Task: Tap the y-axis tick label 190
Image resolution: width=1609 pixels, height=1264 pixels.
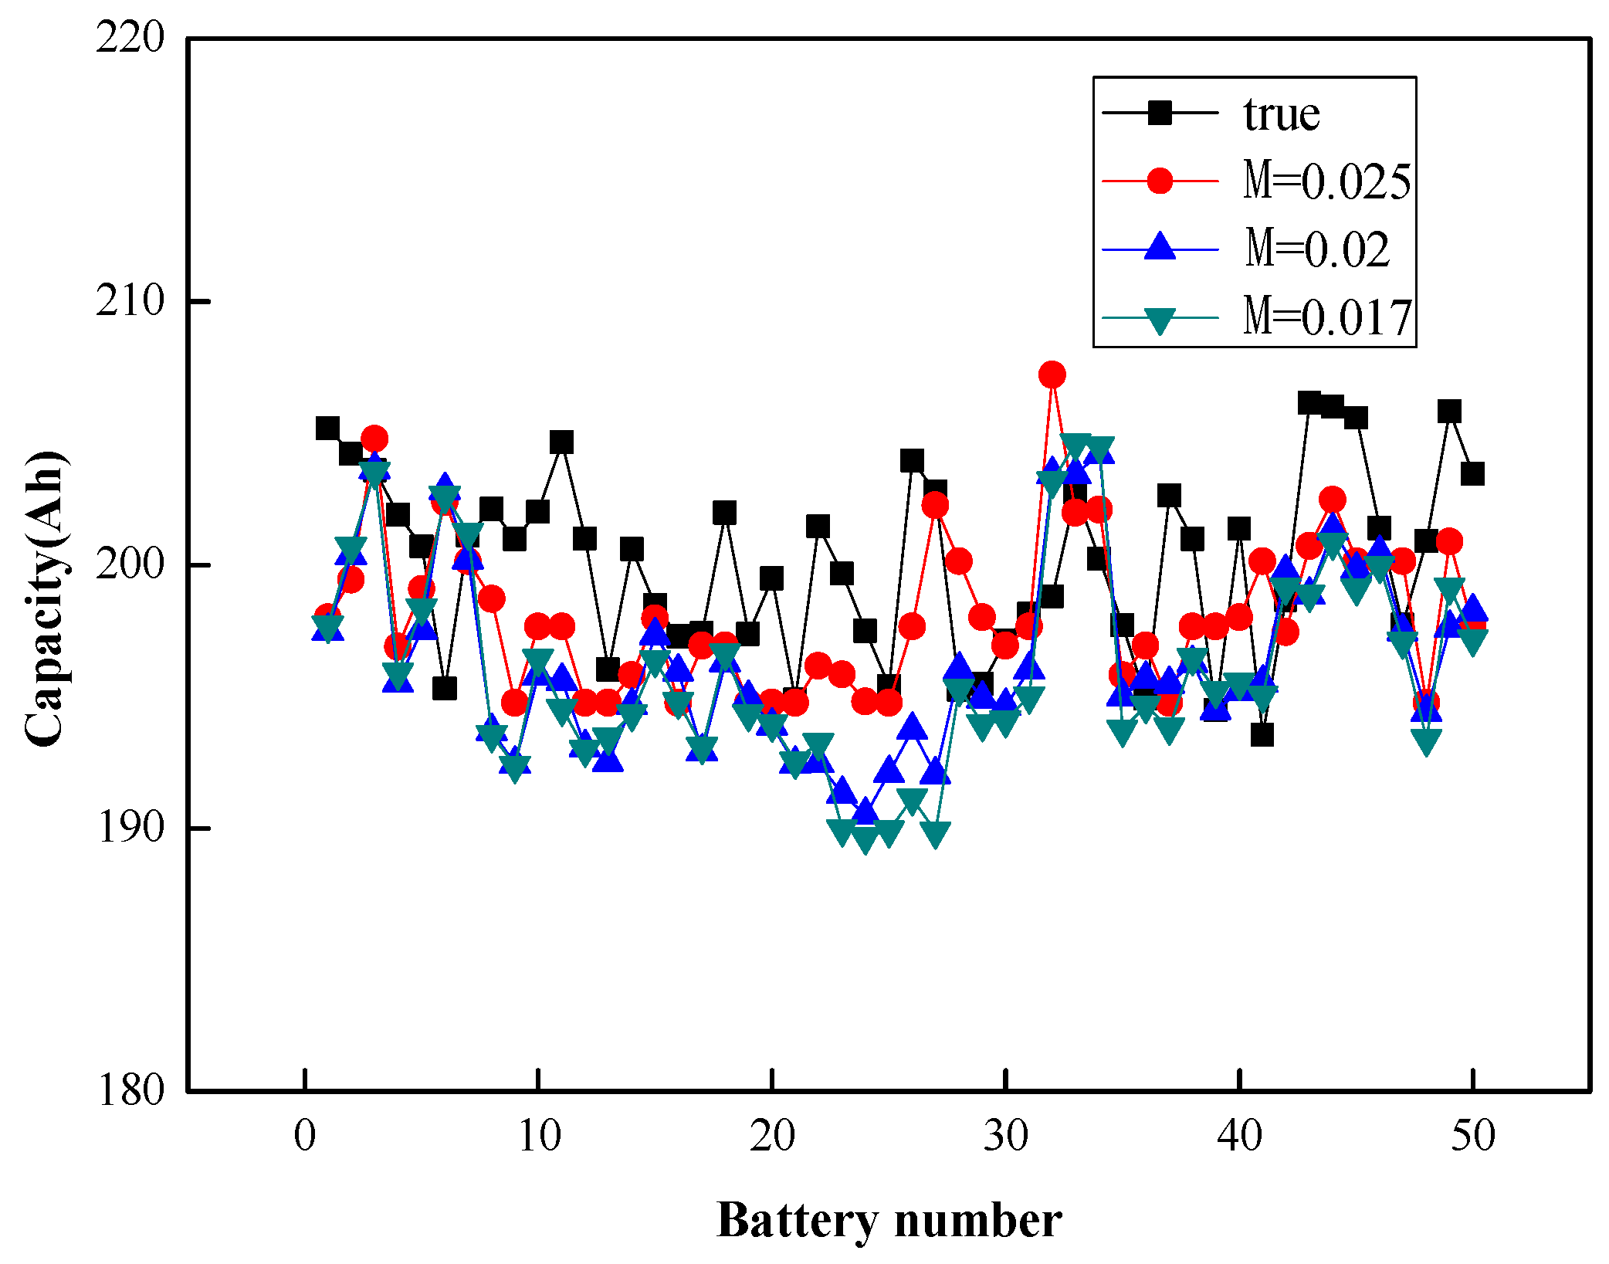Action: pyautogui.click(x=130, y=827)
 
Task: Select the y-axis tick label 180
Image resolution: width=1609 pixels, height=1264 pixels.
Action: pyautogui.click(x=130, y=1090)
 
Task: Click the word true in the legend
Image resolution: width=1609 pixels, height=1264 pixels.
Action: pyautogui.click(x=1282, y=114)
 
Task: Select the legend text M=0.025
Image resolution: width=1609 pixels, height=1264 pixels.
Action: pyautogui.click(x=1326, y=181)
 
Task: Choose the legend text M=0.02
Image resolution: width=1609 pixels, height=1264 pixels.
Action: pyautogui.click(x=1316, y=249)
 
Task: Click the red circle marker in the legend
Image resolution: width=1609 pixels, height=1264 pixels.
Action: pyautogui.click(x=1160, y=181)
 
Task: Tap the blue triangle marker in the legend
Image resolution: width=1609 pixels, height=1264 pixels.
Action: pyautogui.click(x=1160, y=247)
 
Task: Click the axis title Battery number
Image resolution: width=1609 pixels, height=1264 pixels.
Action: pyautogui.click(x=889, y=1221)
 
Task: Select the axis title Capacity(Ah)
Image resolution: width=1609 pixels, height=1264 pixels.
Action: pyautogui.click(x=44, y=598)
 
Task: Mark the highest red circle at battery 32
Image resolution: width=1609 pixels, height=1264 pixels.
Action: pyautogui.click(x=1052, y=375)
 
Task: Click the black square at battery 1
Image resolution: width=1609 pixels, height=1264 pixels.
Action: pyautogui.click(x=327, y=428)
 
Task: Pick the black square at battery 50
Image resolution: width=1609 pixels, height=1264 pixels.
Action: pyautogui.click(x=1472, y=474)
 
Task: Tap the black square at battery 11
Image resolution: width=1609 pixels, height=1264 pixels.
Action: pyautogui.click(x=561, y=442)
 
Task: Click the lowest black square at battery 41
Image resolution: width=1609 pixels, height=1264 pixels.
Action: pyautogui.click(x=1262, y=734)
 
